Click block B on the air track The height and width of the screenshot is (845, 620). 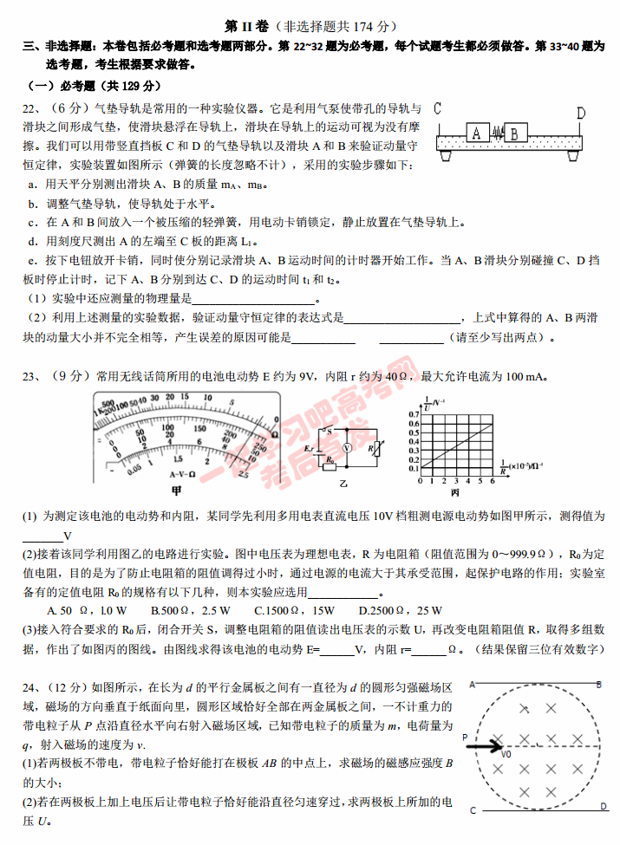point(515,133)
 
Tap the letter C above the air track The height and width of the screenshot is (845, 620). point(438,109)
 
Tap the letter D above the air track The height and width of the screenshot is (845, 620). point(580,113)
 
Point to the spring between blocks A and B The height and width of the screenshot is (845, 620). point(496,134)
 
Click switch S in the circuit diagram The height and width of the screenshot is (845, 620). point(327,429)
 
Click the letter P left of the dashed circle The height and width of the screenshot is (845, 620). point(465,738)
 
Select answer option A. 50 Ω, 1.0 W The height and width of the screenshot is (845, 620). point(77,609)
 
